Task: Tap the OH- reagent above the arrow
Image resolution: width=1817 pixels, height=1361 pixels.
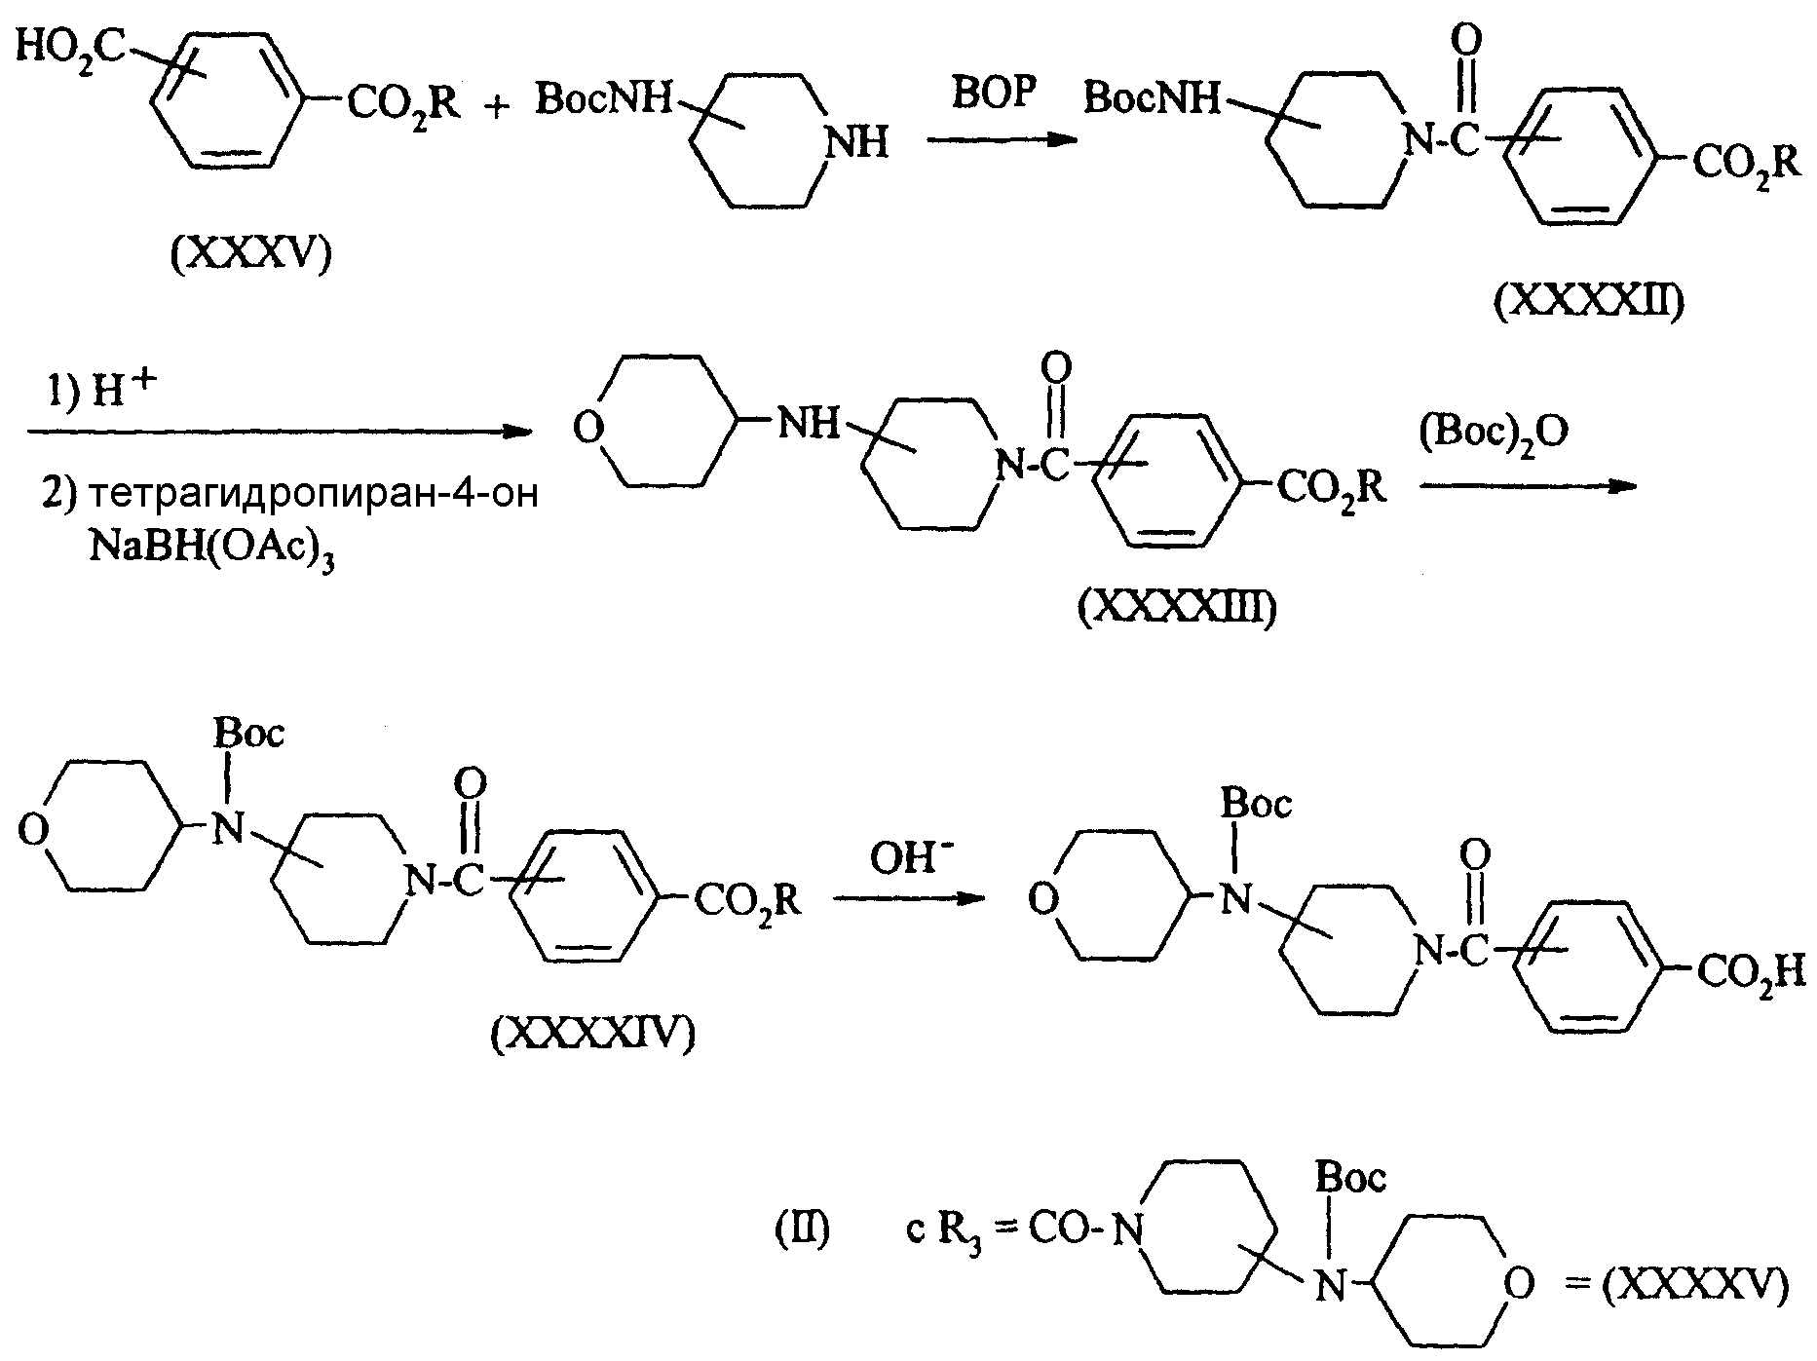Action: click(914, 860)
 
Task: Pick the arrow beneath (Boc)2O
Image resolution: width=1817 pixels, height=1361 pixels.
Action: click(1525, 487)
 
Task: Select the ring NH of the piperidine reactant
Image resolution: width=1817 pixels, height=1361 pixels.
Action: click(856, 143)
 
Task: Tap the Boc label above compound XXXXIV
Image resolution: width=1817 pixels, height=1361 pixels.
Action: click(250, 732)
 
